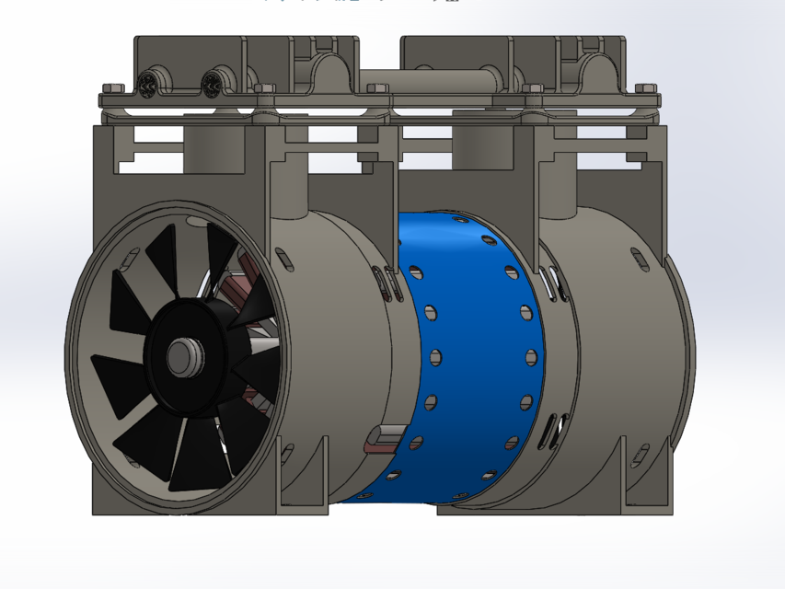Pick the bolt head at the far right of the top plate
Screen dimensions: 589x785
644,89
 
